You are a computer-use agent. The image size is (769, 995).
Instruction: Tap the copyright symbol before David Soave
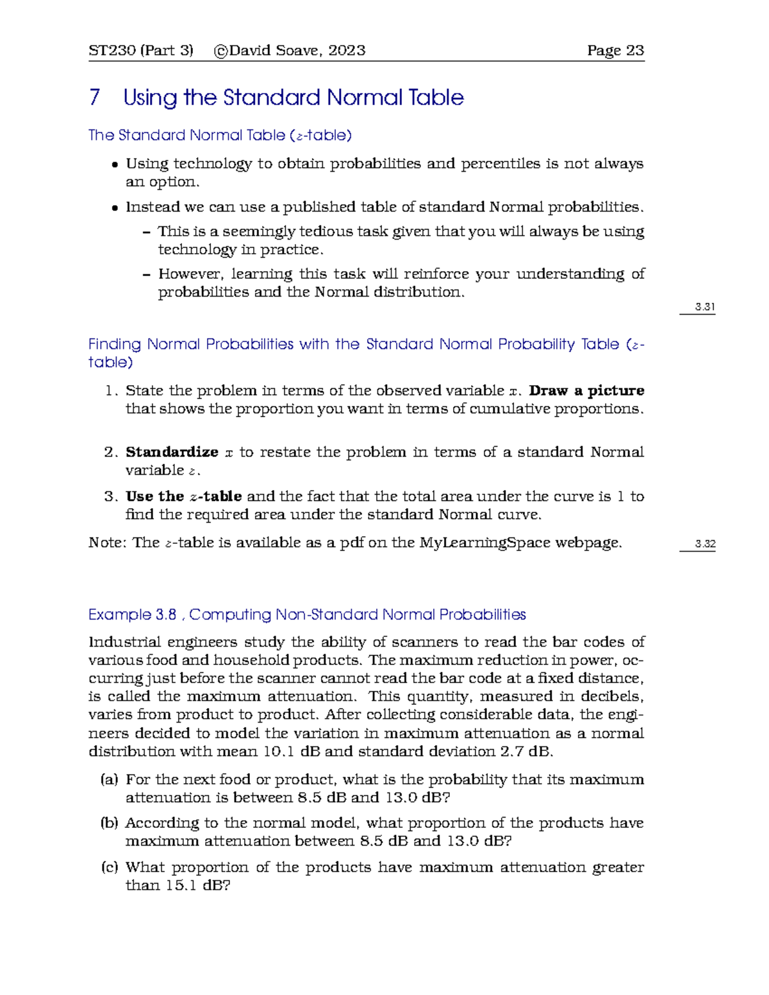221,51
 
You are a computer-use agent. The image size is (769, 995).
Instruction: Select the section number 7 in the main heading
95,97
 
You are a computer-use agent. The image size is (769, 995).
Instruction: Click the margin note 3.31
705,307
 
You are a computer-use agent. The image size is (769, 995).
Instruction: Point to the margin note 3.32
705,544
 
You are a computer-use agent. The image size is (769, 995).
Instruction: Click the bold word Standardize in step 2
172,452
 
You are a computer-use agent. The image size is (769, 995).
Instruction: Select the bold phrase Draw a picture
586,391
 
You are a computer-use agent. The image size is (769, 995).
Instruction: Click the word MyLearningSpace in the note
485,543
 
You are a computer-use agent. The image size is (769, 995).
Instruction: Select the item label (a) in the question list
109,780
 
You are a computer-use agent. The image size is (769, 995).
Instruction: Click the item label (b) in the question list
109,823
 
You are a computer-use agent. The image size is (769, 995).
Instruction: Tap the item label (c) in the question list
109,868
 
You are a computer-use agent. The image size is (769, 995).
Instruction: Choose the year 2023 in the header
347,51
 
